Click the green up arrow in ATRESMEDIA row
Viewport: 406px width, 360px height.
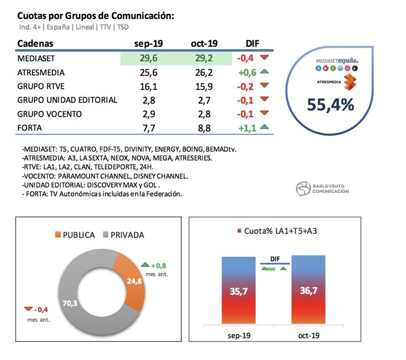coord(264,72)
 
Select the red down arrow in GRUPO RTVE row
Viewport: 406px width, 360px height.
coord(264,86)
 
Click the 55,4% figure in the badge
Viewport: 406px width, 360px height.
coord(331,104)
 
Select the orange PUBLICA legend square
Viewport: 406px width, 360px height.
coord(58,235)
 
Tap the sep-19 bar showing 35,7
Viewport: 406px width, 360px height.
coord(239,290)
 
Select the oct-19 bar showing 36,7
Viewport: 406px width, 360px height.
coord(310,290)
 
